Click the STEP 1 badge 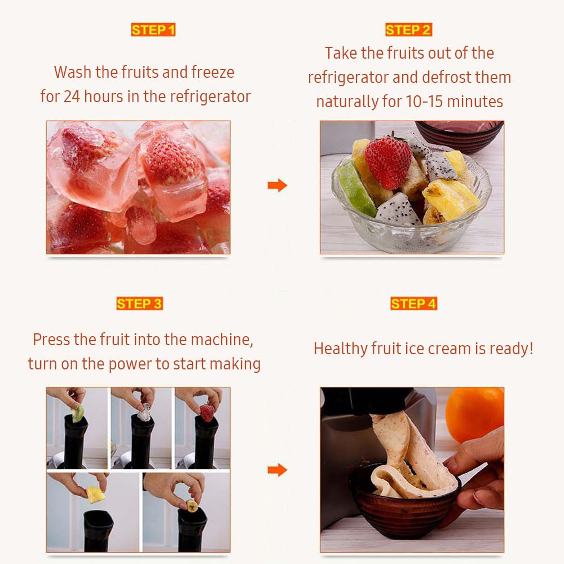[x=153, y=30]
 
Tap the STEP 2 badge [x=408, y=30]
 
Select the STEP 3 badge [x=139, y=303]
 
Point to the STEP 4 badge [x=413, y=303]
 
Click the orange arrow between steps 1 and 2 [x=277, y=185]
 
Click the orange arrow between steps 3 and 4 [x=277, y=470]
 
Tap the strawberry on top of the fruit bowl [x=388, y=162]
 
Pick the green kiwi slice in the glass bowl [x=356, y=189]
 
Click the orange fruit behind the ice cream [x=475, y=413]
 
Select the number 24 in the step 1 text [x=72, y=96]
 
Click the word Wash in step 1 [x=73, y=72]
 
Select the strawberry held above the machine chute [x=207, y=413]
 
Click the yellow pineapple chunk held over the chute [x=96, y=495]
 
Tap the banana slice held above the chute [x=192, y=506]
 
